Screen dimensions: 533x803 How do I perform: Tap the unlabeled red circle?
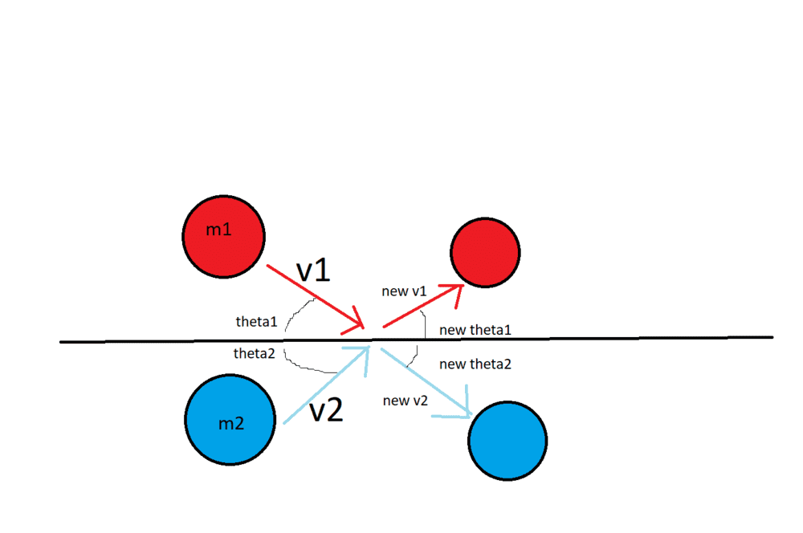click(x=485, y=252)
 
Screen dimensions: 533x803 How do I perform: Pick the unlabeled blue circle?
click(x=507, y=440)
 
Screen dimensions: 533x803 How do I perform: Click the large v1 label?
click(x=314, y=271)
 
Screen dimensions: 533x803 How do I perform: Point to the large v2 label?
click(x=327, y=410)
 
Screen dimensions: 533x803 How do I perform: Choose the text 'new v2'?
click(x=406, y=401)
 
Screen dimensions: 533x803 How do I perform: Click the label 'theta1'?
click(x=256, y=322)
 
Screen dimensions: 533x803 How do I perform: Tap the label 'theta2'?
click(x=255, y=353)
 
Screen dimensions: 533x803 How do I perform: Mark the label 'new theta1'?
click(x=475, y=330)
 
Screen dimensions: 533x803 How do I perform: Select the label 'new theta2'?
click(x=475, y=364)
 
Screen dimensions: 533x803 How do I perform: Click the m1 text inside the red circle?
click(x=218, y=230)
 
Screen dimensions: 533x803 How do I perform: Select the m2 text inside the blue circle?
click(x=231, y=424)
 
